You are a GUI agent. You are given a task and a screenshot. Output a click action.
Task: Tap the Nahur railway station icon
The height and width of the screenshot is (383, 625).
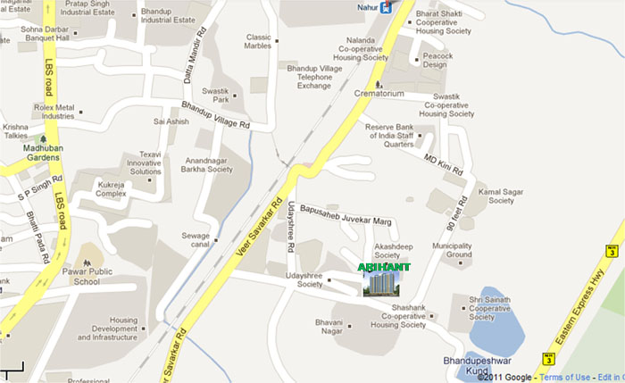[x=385, y=8]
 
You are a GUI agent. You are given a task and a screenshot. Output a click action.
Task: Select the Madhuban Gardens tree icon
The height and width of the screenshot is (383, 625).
[x=43, y=140]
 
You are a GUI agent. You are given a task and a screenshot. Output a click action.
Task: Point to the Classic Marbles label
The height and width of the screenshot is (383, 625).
[x=258, y=42]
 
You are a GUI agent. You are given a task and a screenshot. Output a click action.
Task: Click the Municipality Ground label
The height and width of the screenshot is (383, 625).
[x=452, y=250]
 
